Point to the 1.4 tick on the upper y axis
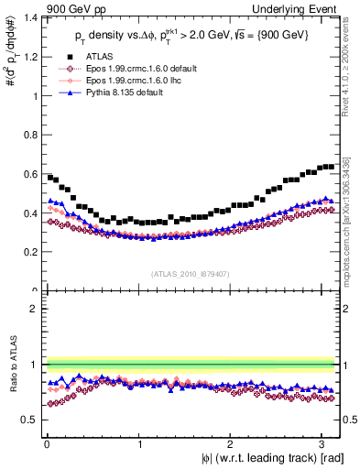click(33, 18)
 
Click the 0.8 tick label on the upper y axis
click(33, 135)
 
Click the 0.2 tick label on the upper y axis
click(33, 251)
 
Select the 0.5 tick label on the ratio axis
click(33, 420)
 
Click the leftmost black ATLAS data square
click(49, 177)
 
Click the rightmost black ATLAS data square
click(331, 167)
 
